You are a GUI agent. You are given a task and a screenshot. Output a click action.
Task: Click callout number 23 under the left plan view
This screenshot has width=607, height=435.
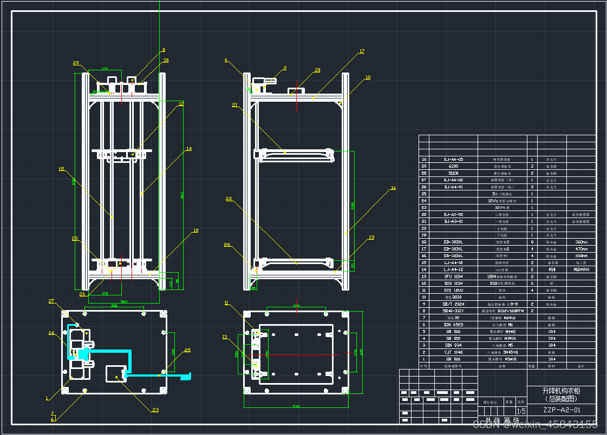[155, 410]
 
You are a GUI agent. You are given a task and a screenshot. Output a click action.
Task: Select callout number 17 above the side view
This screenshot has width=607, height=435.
[362, 52]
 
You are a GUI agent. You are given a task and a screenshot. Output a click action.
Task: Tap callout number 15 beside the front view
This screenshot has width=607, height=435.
[61, 169]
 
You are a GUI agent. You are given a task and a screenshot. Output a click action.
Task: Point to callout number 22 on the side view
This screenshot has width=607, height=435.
[229, 199]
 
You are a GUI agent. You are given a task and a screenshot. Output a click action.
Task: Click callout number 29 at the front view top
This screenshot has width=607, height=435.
[76, 63]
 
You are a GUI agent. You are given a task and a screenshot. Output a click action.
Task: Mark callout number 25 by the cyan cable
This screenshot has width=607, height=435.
[187, 351]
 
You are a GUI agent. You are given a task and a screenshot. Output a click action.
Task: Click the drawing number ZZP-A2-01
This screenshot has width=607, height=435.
[562, 410]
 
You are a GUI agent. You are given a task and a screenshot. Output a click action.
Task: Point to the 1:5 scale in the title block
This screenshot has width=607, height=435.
[521, 411]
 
